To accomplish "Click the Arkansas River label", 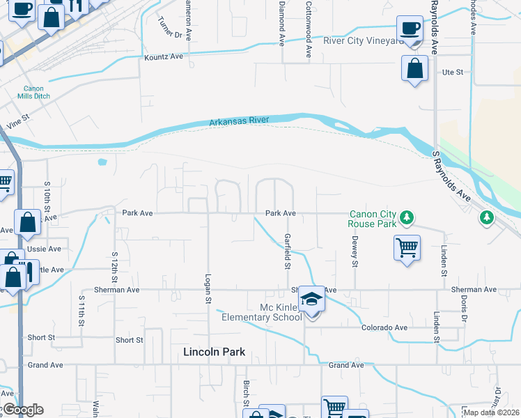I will click(x=239, y=122).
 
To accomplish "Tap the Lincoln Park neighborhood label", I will click(x=214, y=352).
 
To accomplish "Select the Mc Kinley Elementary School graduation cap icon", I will click(x=312, y=300).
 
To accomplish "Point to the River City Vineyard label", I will click(x=363, y=41).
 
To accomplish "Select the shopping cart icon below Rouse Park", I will click(x=407, y=247).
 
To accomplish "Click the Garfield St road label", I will click(x=286, y=251).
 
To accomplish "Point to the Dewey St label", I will click(x=355, y=254).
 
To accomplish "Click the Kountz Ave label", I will click(x=163, y=56).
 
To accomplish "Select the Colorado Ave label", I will click(x=384, y=327).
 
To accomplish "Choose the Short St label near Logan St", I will click(x=129, y=340).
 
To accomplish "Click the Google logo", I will click(x=23, y=410).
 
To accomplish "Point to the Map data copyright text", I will click(x=491, y=412).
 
